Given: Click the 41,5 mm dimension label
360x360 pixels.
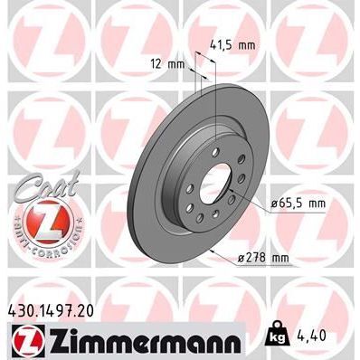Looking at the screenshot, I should [233, 43].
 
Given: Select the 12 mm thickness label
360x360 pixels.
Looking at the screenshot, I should [169, 63].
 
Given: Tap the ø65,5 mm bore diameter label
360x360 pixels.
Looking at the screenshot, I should [295, 204].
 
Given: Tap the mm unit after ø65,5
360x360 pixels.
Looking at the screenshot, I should [316, 204].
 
